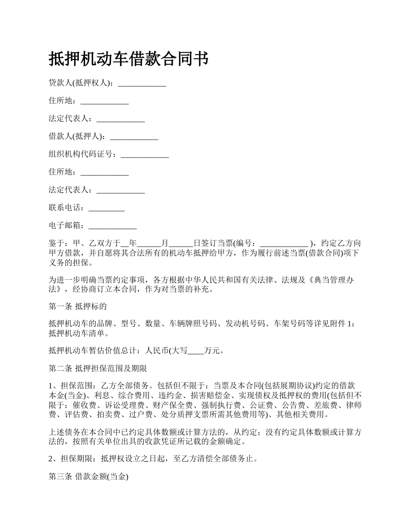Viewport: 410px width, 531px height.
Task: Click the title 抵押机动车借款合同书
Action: point(129,59)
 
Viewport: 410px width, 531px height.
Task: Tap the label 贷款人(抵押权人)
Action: point(80,83)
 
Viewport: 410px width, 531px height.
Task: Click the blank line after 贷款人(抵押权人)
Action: point(142,84)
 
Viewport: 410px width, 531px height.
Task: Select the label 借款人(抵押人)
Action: point(76,136)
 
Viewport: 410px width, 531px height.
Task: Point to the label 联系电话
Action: point(66,208)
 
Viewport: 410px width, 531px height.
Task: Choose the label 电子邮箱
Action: point(66,225)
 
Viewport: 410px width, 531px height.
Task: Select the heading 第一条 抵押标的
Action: point(78,307)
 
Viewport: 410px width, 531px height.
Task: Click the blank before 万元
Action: point(196,351)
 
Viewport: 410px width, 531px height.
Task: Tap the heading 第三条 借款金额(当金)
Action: point(88,477)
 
